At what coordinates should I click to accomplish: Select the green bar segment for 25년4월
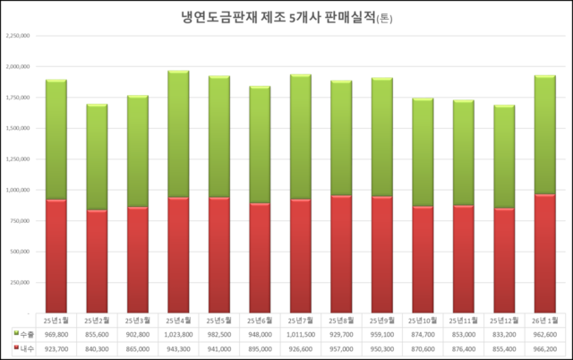[179, 134]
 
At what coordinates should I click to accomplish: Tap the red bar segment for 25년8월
[342, 254]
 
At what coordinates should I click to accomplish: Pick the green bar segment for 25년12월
[505, 157]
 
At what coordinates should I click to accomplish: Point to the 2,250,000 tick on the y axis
[18, 36]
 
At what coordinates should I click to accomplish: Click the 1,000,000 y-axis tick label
[18, 191]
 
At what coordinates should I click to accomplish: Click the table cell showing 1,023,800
[179, 333]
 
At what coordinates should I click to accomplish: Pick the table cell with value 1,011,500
[301, 333]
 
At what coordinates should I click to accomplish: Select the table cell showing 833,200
[505, 333]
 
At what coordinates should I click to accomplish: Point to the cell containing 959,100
[382, 333]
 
